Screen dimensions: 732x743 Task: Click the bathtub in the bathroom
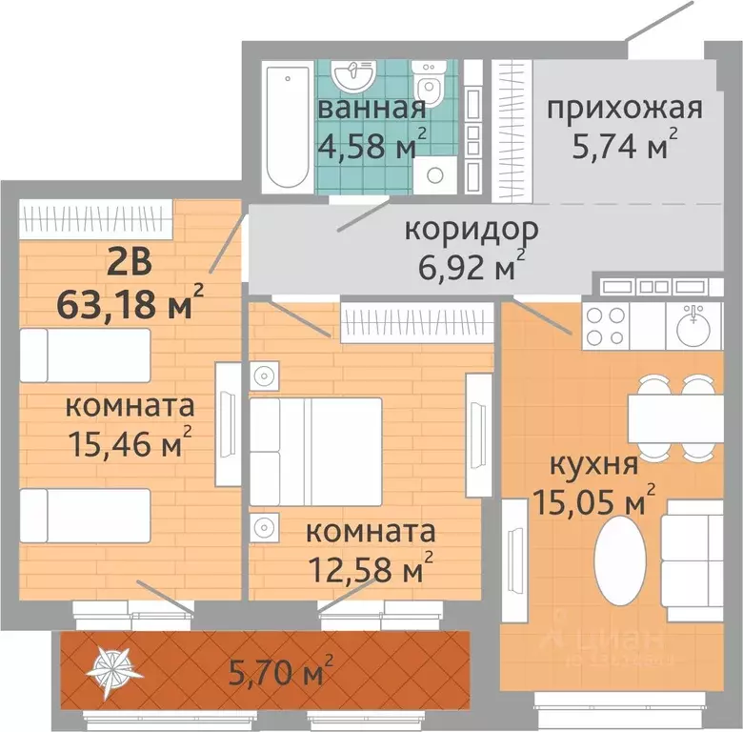click(285, 126)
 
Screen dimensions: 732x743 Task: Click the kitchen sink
click(693, 327)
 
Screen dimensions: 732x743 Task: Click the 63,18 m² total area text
click(130, 304)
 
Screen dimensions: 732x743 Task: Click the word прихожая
click(624, 107)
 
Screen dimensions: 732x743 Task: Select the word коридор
click(472, 230)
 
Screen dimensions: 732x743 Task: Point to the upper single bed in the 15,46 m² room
click(85, 355)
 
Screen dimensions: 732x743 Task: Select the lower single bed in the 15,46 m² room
click(85, 516)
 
